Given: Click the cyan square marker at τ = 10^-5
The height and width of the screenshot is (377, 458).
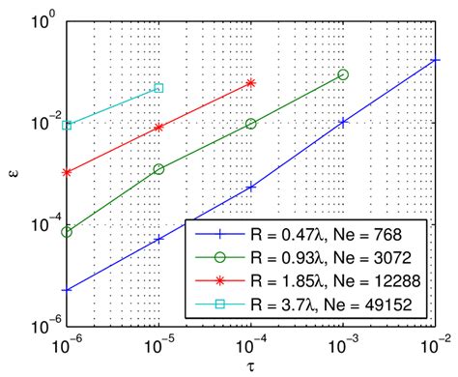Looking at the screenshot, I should [x=158, y=88].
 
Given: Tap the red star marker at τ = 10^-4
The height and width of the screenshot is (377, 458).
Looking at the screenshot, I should [x=251, y=83].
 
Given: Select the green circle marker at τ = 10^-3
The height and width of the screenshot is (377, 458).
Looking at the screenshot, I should [x=343, y=74].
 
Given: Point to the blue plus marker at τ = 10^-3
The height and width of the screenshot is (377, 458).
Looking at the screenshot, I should [x=343, y=122].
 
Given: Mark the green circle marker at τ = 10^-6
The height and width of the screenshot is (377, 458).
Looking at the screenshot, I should [x=67, y=232].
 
